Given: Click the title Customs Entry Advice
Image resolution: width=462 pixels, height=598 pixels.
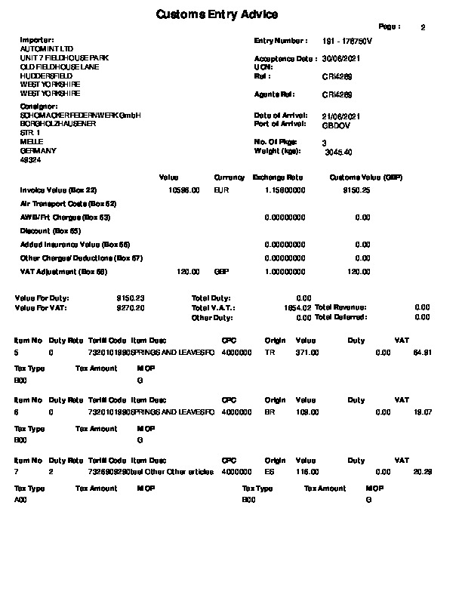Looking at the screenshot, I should click(217, 14).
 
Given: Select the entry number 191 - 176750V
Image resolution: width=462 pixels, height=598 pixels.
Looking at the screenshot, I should click(347, 41).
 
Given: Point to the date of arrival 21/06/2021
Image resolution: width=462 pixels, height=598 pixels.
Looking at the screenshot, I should click(340, 115).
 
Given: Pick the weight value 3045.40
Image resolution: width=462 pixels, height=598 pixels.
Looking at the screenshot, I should click(337, 152).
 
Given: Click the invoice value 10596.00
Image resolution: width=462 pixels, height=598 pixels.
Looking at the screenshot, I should click(184, 191).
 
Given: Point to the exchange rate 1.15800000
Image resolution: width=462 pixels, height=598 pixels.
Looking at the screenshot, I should click(285, 191).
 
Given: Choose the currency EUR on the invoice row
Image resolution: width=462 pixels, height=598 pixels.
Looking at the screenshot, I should click(221, 191).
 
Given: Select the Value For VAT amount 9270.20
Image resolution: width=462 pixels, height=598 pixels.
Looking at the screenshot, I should click(131, 308).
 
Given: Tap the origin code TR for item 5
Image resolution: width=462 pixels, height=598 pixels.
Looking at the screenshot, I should click(269, 352).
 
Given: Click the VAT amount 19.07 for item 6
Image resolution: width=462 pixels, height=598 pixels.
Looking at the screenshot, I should click(423, 412).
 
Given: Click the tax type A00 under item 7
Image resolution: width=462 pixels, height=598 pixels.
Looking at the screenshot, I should click(20, 500).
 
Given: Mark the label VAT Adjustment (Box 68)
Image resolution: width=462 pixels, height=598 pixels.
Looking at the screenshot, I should click(64, 272).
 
